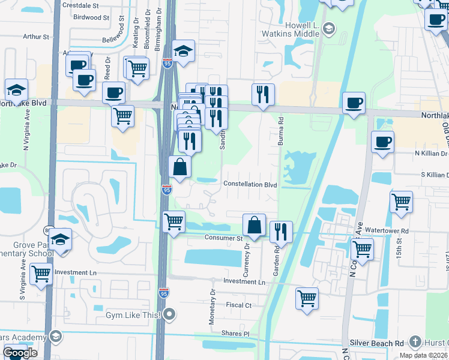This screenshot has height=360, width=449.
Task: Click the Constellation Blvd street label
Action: click(250, 185)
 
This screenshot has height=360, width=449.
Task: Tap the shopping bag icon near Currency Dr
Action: click(255, 226)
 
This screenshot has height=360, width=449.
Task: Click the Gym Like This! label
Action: click(133, 315)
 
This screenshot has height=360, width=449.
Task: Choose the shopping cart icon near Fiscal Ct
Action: click(307, 298)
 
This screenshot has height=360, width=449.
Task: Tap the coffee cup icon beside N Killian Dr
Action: click(382, 143)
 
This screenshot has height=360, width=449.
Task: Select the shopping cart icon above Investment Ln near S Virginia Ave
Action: click(41, 274)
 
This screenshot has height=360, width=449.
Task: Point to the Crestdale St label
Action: click(83, 5)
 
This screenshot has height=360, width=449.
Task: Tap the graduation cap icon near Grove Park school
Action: click(60, 240)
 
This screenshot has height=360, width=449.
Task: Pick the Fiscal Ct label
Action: click(238, 305)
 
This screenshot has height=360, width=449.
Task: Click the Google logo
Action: click(20, 353)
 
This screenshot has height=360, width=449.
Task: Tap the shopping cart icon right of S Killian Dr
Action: click(401, 202)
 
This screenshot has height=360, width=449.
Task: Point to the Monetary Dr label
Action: click(212, 307)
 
